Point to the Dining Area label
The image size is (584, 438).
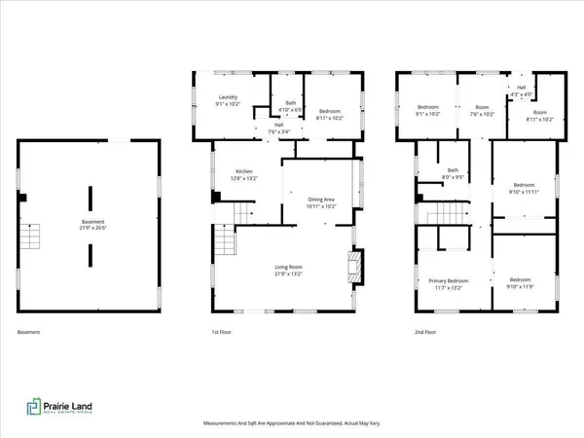click(321, 201)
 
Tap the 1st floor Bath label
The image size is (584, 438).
click(289, 105)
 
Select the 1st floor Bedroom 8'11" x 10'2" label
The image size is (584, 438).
click(331, 114)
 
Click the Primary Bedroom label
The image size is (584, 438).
click(451, 283)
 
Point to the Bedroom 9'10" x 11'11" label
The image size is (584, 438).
click(525, 188)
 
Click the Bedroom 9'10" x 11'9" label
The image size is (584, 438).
click(525, 283)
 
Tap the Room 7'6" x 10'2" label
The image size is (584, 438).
click(481, 110)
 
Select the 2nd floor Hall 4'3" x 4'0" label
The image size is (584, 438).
click(521, 90)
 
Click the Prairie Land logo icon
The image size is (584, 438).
click(32, 407)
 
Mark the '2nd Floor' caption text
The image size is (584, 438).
click(425, 333)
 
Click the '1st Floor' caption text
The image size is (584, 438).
click(223, 333)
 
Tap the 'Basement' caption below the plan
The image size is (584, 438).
click(29, 333)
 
